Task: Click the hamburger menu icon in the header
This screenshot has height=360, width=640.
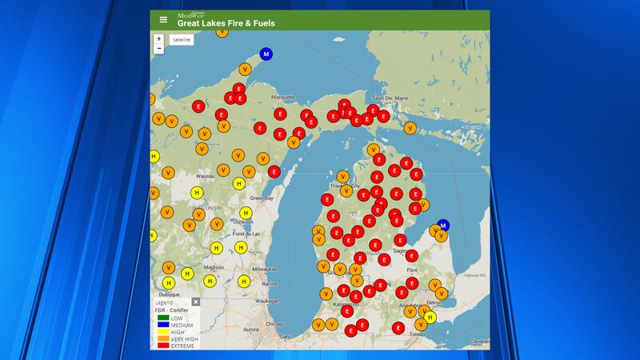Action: pos(163,20)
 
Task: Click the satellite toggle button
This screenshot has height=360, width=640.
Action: pos(182,39)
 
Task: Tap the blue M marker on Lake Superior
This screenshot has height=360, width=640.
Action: pos(266,54)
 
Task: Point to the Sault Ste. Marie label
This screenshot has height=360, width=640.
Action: pos(390,98)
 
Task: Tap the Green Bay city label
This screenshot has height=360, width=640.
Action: pos(262,198)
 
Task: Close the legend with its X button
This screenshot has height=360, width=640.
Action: pos(195,302)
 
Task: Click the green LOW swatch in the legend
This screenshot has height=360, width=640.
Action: pos(162,318)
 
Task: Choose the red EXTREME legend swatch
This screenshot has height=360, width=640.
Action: pos(162,346)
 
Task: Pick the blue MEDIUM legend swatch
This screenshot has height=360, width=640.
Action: pos(162,325)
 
